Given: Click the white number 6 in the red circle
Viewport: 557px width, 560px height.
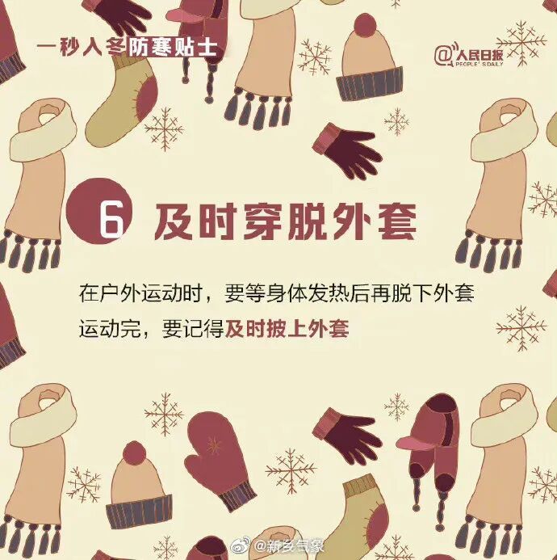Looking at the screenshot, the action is (111, 218).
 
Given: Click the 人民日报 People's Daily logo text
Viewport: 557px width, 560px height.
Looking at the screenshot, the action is (479, 57).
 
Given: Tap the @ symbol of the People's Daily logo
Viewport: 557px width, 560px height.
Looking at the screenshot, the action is (443, 56).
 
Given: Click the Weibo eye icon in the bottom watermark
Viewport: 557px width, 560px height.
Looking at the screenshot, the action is (241, 545).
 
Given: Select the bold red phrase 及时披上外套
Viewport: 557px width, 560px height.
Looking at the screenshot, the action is (287, 329).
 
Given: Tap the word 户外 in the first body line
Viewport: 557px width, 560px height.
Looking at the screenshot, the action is (120, 293).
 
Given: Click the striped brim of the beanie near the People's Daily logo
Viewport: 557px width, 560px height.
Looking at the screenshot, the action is (370, 83).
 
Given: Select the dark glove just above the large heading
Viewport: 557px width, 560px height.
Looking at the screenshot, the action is (347, 150).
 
